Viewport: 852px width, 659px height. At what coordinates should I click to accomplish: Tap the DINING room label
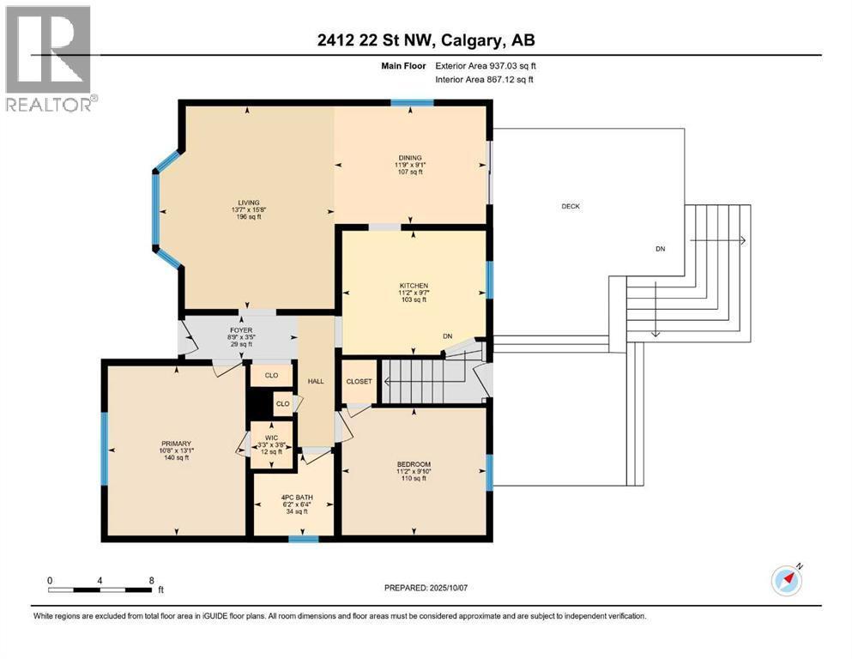click(x=408, y=158)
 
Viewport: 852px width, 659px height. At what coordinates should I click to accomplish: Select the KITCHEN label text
click(x=413, y=286)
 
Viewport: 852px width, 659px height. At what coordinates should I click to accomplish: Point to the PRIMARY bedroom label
click(x=175, y=444)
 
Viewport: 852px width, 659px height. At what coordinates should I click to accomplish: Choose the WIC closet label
click(x=272, y=438)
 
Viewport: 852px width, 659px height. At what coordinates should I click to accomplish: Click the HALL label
click(x=316, y=381)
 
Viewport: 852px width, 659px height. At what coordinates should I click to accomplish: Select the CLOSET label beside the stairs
click(x=359, y=381)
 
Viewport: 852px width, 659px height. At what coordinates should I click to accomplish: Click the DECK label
click(x=571, y=206)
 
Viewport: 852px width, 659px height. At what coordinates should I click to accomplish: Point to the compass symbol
click(x=786, y=581)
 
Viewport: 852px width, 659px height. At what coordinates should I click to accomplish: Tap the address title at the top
click(x=426, y=40)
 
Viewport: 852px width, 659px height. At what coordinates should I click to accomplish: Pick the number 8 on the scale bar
click(x=152, y=579)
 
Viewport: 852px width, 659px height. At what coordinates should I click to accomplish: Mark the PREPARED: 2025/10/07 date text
click(x=426, y=588)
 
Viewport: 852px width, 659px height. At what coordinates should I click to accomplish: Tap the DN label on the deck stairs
click(x=659, y=249)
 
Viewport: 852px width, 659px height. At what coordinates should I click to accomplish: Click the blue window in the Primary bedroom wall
click(x=105, y=449)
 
